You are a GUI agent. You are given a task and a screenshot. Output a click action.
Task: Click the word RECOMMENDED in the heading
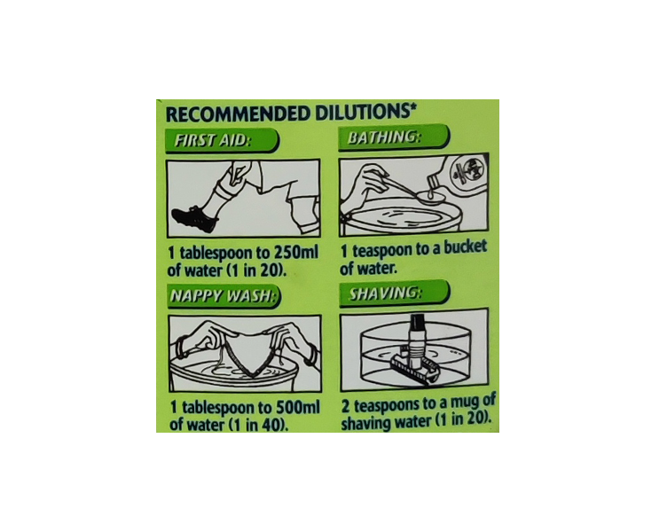point(238,114)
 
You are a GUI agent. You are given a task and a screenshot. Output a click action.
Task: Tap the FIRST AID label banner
point(222,140)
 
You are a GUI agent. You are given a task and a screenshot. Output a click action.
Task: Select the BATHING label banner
point(393,137)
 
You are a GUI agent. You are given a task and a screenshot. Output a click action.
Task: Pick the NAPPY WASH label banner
point(224,295)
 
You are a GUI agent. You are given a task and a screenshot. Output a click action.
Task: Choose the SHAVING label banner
point(394,293)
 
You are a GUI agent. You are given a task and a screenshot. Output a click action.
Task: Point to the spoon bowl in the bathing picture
point(430,196)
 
